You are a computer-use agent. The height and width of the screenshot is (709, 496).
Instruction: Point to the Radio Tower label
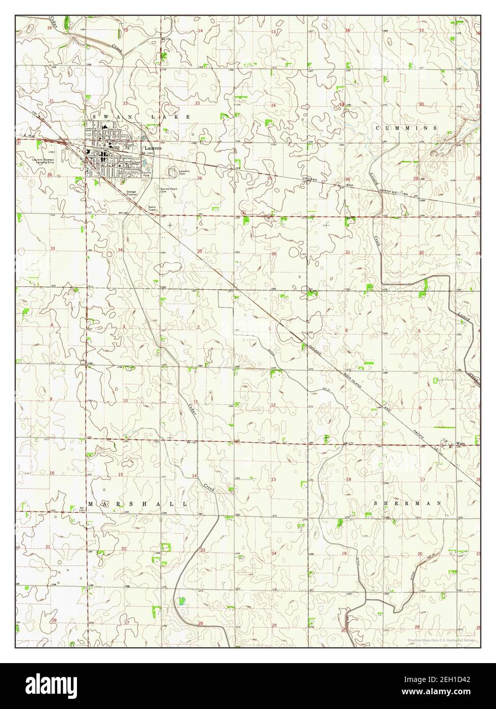152,208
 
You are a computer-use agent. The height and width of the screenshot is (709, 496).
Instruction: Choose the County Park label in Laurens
147,173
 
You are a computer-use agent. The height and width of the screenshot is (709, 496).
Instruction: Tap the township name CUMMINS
406,128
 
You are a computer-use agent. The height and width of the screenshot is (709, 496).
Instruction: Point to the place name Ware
461,444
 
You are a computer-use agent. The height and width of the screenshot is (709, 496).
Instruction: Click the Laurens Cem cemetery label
184,172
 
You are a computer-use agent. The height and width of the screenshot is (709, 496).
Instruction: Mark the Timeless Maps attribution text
441,640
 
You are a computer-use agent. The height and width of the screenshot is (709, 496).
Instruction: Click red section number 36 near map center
274,254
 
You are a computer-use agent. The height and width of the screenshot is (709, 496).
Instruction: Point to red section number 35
200,251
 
